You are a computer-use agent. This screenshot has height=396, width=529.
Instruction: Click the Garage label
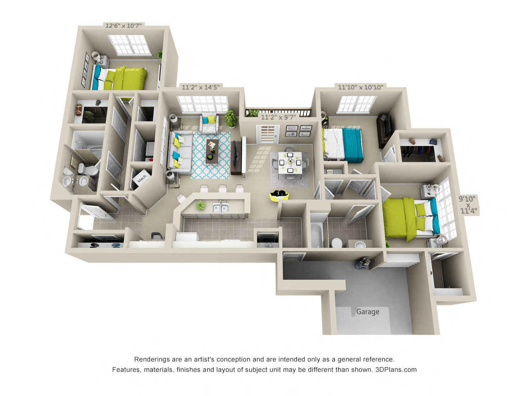click(x=367, y=312)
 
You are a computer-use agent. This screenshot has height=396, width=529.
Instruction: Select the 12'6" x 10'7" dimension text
click(x=124, y=26)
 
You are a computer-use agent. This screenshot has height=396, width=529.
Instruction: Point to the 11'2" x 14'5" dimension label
click(x=201, y=87)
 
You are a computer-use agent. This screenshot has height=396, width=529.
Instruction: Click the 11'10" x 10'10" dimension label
click(x=360, y=87)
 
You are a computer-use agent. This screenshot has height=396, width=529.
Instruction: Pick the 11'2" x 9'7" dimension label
click(x=279, y=117)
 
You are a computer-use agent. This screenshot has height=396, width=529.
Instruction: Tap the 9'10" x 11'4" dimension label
click(x=467, y=205)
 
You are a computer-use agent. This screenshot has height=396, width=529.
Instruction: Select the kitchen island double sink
click(x=221, y=207)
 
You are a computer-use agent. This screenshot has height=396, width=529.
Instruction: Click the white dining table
click(x=290, y=163)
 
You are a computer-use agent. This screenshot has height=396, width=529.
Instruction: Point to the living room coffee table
click(x=212, y=151)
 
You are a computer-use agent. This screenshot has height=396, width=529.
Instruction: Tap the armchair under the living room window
click(x=209, y=123)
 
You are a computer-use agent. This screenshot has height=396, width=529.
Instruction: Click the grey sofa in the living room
click(x=180, y=153)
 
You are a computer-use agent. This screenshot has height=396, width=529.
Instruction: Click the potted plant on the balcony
click(x=253, y=113)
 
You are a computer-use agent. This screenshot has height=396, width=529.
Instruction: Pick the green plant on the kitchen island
click(x=200, y=206)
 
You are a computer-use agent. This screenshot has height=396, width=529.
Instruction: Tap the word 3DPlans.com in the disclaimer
click(x=396, y=370)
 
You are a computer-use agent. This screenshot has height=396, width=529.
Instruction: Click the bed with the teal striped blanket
click(x=343, y=145)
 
